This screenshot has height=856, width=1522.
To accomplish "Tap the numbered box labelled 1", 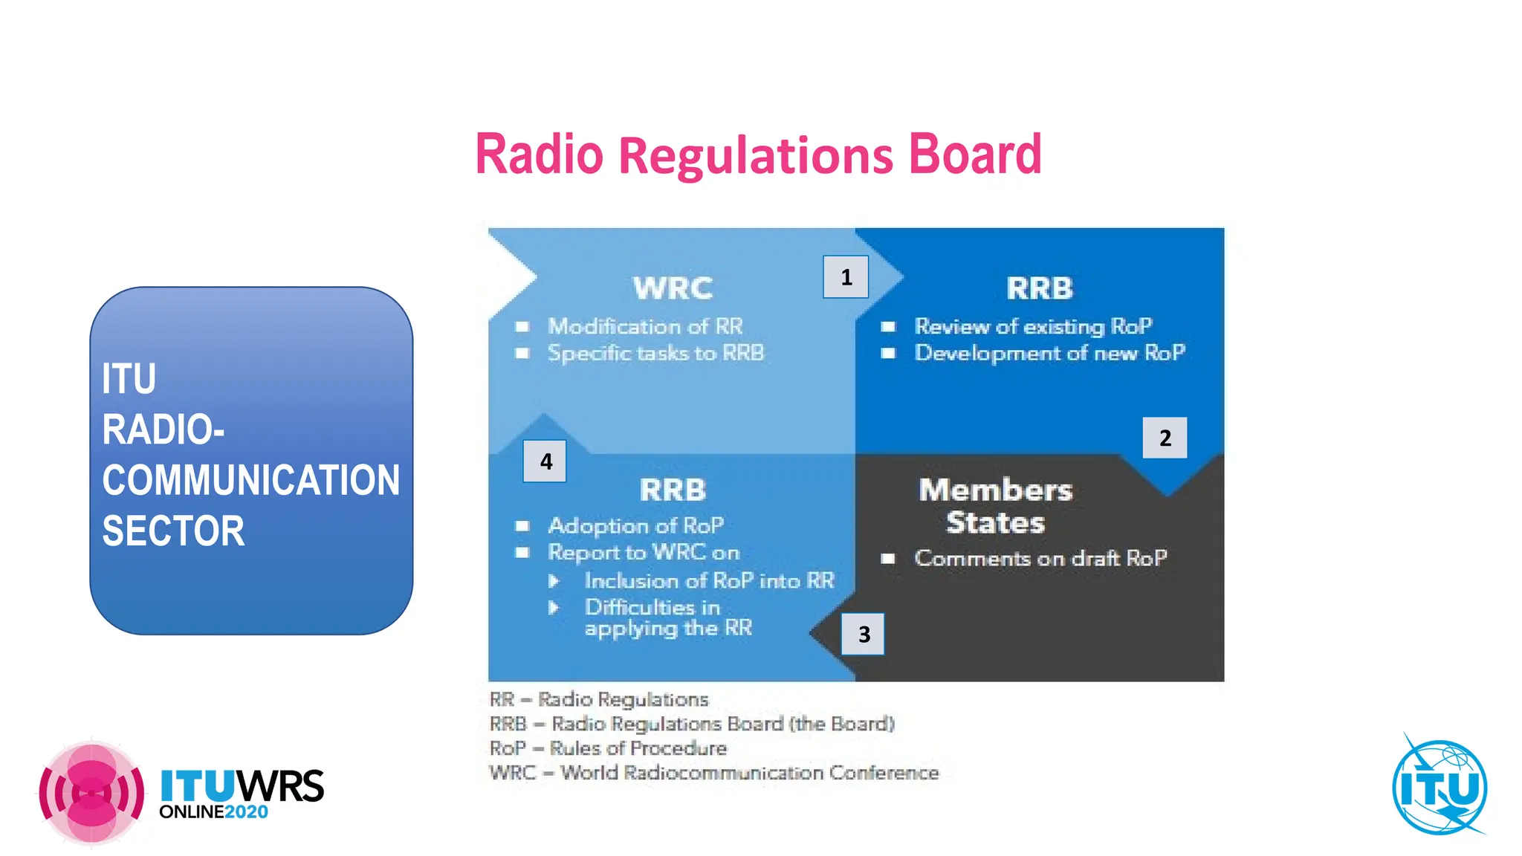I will coord(846,277).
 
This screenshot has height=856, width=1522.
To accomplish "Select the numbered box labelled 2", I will coord(1165,438).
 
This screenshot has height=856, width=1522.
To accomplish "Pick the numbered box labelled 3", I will coord(863,634).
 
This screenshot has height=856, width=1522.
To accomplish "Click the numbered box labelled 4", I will coord(545,461).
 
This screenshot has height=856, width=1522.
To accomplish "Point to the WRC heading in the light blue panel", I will coord(673,288).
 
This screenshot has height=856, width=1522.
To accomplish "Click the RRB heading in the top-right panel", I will coord(1039,288).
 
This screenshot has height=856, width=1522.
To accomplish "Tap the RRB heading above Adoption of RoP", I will coord(673,490).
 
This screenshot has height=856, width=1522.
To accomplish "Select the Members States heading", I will coord(995,506).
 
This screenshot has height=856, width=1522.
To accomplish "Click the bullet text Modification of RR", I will coord(645,326).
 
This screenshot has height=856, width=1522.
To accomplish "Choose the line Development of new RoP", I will coord(1049,352).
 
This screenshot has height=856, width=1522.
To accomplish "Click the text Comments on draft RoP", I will coord(1040,558).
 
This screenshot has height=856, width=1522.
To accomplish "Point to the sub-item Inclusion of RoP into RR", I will coord(709,580).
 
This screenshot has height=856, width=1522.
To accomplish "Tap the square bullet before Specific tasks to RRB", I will coord(522,353).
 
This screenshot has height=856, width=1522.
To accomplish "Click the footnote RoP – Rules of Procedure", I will coord(608,748).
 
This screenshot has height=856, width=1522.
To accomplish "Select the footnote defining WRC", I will coord(713,773).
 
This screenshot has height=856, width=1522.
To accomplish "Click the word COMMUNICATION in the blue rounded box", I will coord(251,480).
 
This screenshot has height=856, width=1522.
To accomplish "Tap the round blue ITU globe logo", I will coord(1440,788).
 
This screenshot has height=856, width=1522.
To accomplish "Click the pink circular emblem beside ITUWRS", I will coord(91,793).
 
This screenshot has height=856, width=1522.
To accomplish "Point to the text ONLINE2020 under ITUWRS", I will coord(213,811).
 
